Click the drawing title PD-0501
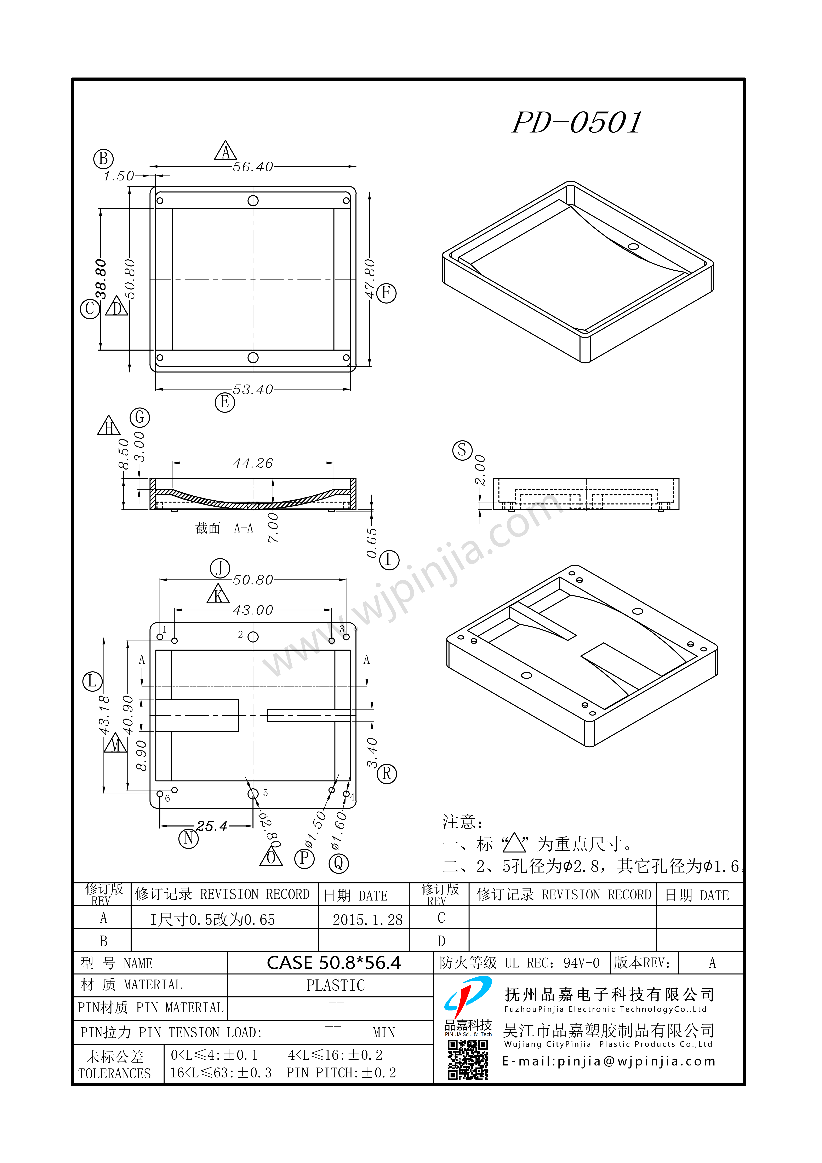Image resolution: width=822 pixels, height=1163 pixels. [577, 123]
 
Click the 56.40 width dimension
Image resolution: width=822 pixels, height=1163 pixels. [253, 167]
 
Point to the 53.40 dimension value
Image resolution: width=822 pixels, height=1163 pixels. [253, 390]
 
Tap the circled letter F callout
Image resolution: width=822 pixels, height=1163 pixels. [386, 293]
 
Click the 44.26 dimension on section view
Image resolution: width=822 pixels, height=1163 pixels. [253, 463]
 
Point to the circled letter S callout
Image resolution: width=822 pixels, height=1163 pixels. [462, 450]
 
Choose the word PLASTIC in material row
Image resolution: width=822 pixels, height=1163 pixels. [336, 985]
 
